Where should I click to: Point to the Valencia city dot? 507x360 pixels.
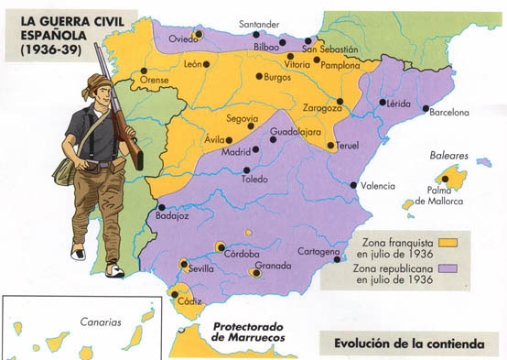[x=355, y=186]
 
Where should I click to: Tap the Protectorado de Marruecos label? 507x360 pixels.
[x=248, y=332]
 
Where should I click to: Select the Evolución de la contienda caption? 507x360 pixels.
[x=407, y=345]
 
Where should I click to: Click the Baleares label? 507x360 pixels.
[x=449, y=157]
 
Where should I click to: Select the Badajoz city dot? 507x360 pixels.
[x=162, y=207]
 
